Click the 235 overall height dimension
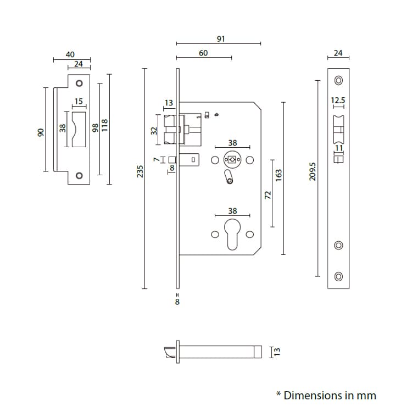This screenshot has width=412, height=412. (x=140, y=171)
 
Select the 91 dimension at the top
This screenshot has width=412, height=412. (x=221, y=39)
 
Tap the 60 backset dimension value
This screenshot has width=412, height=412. (x=203, y=53)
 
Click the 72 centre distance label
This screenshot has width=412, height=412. (x=268, y=195)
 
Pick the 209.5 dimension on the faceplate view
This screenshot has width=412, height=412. (x=313, y=171)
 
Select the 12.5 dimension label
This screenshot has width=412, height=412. (x=338, y=101)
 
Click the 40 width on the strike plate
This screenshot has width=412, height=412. (x=70, y=54)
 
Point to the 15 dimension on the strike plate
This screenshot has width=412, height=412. (x=79, y=101)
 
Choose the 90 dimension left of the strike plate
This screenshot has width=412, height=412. (x=40, y=133)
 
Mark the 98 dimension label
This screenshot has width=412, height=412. (x=95, y=127)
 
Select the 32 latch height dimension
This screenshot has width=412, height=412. (x=154, y=131)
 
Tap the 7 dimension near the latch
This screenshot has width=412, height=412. (x=156, y=159)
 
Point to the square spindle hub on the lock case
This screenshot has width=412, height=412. (x=232, y=160)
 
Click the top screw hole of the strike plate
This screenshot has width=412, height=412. (x=79, y=83)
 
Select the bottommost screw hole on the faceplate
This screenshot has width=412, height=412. (x=338, y=276)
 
